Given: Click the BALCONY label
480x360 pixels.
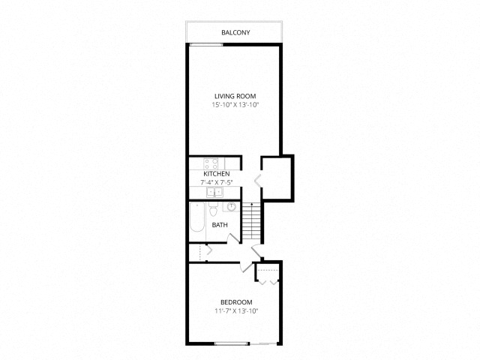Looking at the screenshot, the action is pos(235,32).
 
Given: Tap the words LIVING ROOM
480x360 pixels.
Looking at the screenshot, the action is pos(235,96).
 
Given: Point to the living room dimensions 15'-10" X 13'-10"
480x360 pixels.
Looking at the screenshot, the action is pos(235,105).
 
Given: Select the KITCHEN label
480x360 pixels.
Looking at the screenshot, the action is pos(217,174).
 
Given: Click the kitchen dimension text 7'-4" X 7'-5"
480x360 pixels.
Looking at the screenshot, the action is pos(217,182).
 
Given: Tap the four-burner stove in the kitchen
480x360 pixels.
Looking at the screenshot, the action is pos(211,163).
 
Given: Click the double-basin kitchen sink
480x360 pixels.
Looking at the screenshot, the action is pos(215,192).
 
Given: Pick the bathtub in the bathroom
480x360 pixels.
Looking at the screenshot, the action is pos(197,217).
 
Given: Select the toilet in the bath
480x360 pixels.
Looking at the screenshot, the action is pos(213,209).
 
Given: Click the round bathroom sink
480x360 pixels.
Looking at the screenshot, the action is pos(232,207).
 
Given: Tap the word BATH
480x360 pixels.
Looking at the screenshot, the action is pos(220,225).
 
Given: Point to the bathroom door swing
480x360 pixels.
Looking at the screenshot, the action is pos(233,238).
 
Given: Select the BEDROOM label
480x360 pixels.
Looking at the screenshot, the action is pos(236,302).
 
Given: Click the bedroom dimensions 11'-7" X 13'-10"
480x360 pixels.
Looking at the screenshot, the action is pos(236,311).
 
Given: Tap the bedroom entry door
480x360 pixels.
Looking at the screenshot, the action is pos(247,265).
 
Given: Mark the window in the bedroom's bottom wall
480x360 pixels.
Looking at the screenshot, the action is pos(231,343).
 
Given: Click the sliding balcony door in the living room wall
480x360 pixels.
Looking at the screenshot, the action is pos(206,45).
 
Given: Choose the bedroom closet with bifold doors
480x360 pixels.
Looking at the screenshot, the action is pos(268,274).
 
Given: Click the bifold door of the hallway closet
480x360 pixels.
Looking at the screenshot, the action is pos(209,250).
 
